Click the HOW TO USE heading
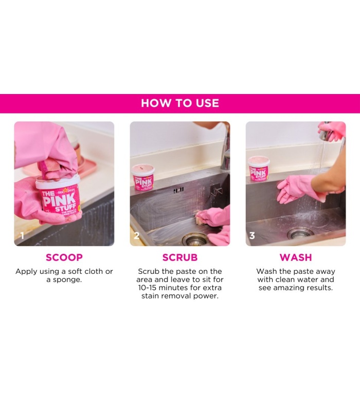point(180,103)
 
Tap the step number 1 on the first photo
point(21,236)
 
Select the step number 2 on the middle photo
point(137,236)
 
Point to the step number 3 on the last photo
point(252,236)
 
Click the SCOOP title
point(64,257)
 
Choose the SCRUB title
point(180,257)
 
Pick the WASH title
point(296,257)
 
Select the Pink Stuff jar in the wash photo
point(259,169)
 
